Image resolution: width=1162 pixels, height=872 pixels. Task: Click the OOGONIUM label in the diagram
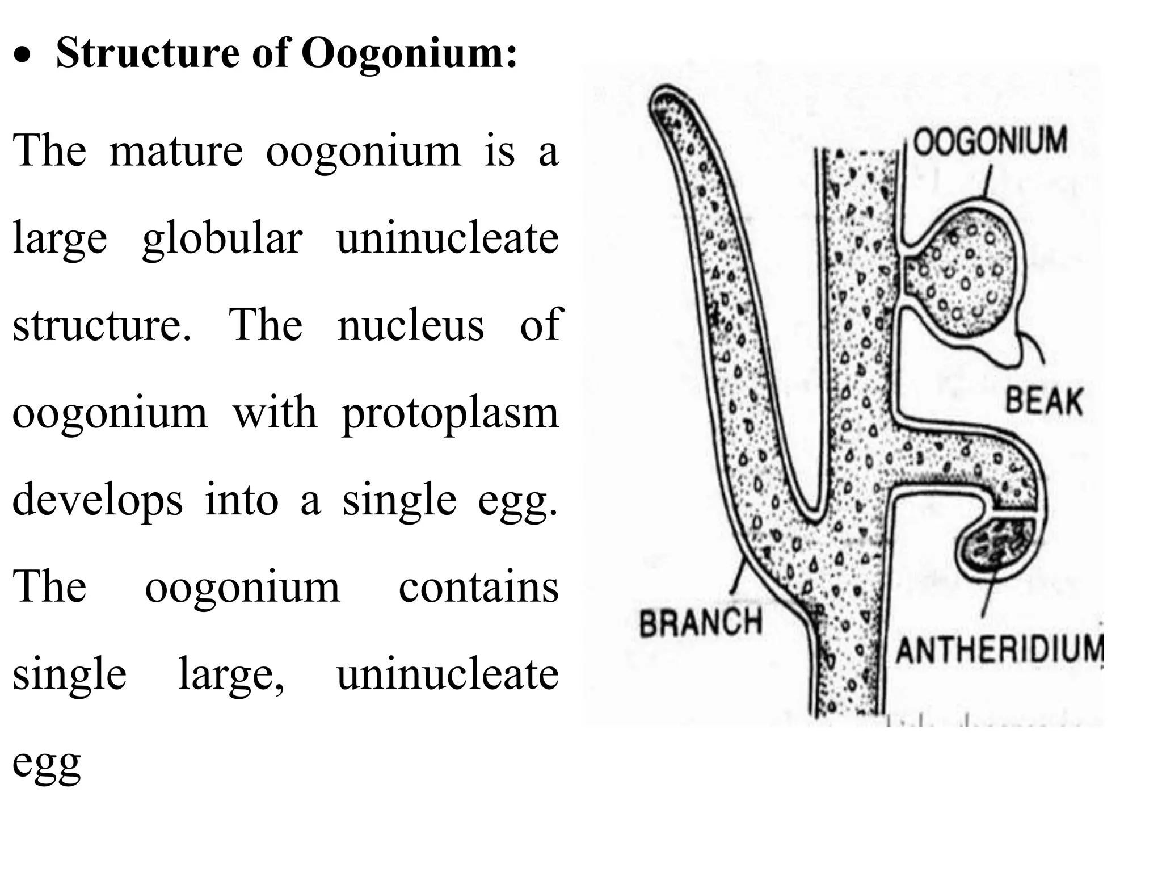point(990,141)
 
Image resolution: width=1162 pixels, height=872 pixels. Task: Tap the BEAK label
point(1044,401)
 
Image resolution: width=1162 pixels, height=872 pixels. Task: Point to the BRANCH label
point(700,622)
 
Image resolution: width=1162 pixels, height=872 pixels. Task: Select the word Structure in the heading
point(148,53)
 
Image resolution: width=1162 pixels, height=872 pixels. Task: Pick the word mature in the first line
point(176,152)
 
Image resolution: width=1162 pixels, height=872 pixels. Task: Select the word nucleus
point(411,325)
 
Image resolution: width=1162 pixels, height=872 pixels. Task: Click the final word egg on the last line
point(47,764)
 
